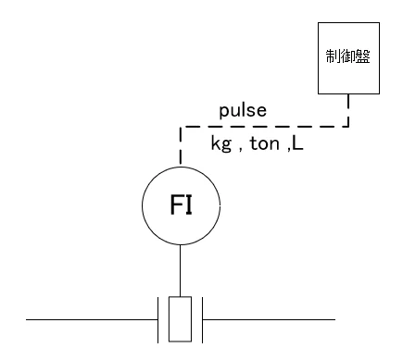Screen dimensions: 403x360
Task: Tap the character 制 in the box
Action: (333, 56)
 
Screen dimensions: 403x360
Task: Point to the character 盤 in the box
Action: (363, 56)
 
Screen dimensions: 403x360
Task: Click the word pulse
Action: (243, 110)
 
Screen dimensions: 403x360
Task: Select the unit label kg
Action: (221, 143)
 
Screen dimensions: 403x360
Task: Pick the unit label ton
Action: (264, 143)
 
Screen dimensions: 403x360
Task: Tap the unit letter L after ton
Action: (297, 143)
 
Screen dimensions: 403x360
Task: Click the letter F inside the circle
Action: (176, 205)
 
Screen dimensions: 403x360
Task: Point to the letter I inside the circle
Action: (189, 205)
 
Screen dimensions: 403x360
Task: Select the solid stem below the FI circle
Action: (181, 270)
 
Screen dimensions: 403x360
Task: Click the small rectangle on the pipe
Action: (180, 319)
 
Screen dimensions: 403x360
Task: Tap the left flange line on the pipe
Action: (158, 320)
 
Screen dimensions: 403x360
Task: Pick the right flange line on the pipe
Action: (202, 320)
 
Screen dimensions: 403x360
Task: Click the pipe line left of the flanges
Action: (92, 319)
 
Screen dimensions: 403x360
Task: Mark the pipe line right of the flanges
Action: (269, 319)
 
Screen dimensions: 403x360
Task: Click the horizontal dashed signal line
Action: (265, 126)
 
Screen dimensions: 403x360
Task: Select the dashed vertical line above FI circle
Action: (181, 145)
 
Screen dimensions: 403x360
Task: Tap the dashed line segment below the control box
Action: (348, 110)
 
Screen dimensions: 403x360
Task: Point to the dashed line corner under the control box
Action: (348, 126)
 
